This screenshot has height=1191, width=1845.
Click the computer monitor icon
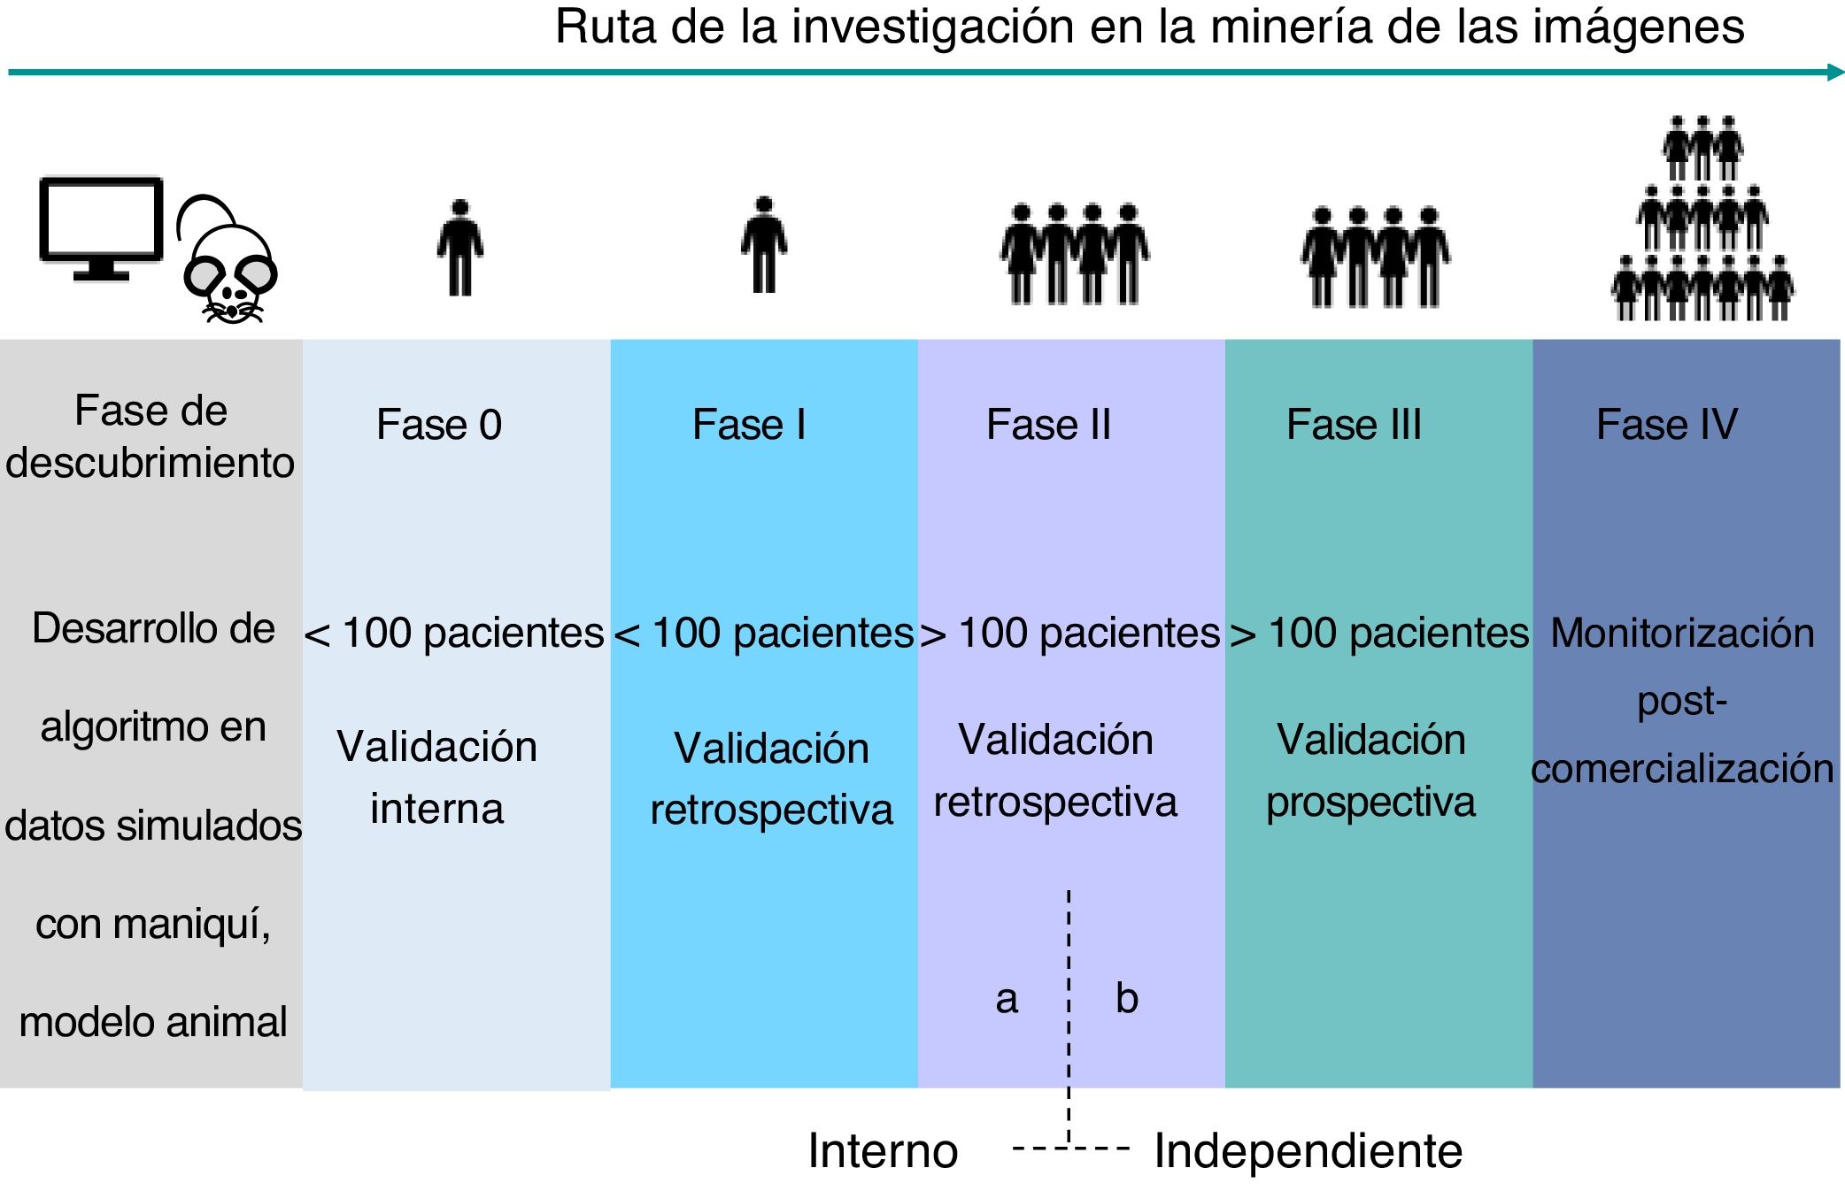pyautogui.click(x=101, y=227)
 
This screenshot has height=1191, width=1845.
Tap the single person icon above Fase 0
pyautogui.click(x=459, y=249)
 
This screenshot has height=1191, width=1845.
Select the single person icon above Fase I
pyautogui.click(x=764, y=245)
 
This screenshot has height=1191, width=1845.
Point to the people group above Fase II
pyautogui.click(x=1074, y=254)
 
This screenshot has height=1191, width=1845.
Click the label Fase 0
pyautogui.click(x=438, y=425)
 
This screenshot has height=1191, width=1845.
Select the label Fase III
pyautogui.click(x=1353, y=425)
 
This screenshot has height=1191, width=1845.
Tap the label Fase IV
pyautogui.click(x=1666, y=425)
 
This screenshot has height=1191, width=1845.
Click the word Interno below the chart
pyautogui.click(x=883, y=1151)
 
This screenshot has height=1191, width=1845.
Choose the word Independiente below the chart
pyautogui.click(x=1308, y=1151)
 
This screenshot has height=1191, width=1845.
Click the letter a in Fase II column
pyautogui.click(x=1007, y=1000)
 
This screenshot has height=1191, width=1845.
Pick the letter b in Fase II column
pyautogui.click(x=1126, y=998)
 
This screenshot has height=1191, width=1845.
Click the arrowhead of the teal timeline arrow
pyautogui.click(x=1835, y=73)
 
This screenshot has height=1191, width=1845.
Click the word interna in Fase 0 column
pyautogui.click(x=436, y=809)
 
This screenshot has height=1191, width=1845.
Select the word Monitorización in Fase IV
pyautogui.click(x=1682, y=634)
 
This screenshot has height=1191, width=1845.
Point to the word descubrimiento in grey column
pyautogui.click(x=150, y=463)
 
